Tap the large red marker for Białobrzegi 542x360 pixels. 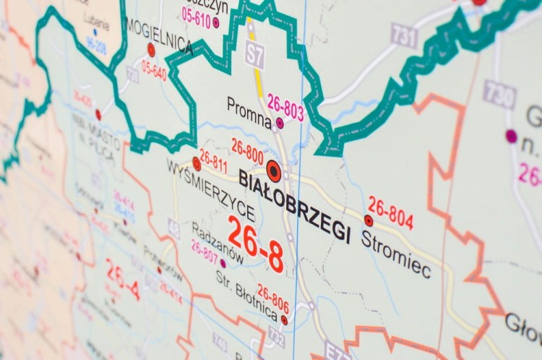click(x=273, y=171)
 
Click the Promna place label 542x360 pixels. click(x=249, y=106)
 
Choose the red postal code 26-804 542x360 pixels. click(x=390, y=212)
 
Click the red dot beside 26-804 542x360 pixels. click(x=369, y=220)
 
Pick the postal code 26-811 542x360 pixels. click(x=214, y=160)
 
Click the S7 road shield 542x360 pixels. click(x=254, y=55)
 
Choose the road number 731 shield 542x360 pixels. click(x=405, y=34)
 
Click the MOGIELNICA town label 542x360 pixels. click(x=159, y=35)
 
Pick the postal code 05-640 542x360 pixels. click(x=154, y=72)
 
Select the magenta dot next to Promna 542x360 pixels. click(x=280, y=123)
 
